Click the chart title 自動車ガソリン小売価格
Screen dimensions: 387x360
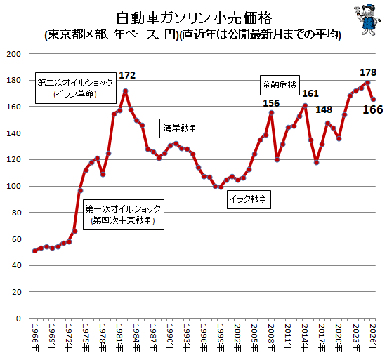tap(194, 18)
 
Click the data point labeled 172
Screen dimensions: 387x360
tap(126, 91)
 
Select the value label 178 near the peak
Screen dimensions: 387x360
tap(368, 72)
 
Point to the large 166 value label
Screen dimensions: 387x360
tap(373, 109)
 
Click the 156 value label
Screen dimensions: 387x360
tap(271, 103)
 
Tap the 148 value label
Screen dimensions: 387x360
tap(324, 109)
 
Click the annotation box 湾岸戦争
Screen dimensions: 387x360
tap(181, 128)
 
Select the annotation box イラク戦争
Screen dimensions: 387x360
tap(249, 199)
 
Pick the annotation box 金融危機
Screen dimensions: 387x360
tap(280, 85)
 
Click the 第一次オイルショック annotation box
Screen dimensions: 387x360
tap(124, 215)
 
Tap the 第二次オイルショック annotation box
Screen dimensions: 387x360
tap(76, 88)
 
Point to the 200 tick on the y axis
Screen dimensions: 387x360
tap(14, 54)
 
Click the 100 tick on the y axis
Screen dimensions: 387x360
tap(14, 186)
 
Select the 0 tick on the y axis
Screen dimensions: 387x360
tap(18, 319)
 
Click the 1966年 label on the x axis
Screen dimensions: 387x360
tap(35, 338)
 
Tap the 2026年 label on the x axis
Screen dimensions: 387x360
tap(373, 338)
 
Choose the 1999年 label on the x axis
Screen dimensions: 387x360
tap(221, 338)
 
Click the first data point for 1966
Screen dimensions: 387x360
tap(35, 251)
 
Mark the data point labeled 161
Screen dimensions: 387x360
tap(305, 105)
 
